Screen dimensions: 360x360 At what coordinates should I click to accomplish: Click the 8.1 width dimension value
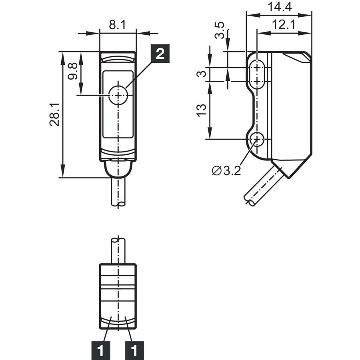coord(117,25)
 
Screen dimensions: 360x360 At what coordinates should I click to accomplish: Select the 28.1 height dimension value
coord(54,114)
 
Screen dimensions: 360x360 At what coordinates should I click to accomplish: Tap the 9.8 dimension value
coord(73,71)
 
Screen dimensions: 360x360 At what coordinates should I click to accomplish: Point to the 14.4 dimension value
coord(280,7)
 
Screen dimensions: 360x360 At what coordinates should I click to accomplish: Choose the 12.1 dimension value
coord(284,24)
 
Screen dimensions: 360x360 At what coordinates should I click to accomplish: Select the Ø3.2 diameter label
coord(226,170)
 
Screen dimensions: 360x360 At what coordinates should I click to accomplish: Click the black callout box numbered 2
coord(160,54)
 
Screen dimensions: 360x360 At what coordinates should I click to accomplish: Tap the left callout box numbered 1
coord(100,350)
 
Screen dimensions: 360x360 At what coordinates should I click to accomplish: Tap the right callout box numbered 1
coord(134,350)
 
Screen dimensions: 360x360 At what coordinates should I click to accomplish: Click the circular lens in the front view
coord(118,95)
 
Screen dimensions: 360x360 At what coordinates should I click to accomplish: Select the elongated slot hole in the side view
coord(257,74)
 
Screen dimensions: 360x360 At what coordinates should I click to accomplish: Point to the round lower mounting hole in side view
coord(257,139)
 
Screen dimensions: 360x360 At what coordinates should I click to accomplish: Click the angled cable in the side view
coord(263,186)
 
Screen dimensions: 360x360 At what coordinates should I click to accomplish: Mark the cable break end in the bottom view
coord(118,241)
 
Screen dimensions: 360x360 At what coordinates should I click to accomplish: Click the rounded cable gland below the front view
coord(118,169)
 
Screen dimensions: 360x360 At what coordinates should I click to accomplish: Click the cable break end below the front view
coord(118,204)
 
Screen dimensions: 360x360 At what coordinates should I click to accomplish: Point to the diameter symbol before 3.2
coord(216,171)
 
